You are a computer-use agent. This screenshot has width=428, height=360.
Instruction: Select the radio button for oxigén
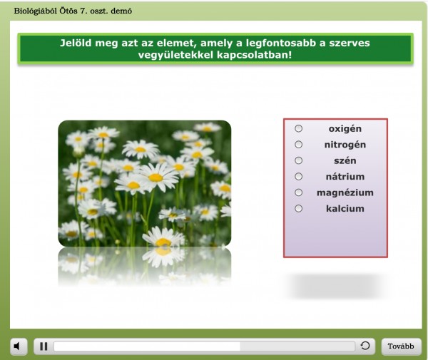click(299, 128)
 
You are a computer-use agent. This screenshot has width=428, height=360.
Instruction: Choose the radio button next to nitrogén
click(299, 145)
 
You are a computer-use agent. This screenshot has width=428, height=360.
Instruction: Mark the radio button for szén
click(299, 160)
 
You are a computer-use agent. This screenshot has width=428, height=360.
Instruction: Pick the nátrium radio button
click(299, 177)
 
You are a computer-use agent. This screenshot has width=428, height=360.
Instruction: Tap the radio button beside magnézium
click(299, 192)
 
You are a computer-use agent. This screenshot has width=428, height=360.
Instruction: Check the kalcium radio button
click(299, 209)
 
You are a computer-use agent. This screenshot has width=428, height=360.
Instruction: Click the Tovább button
click(401, 346)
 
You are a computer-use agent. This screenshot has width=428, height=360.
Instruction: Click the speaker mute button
click(19, 346)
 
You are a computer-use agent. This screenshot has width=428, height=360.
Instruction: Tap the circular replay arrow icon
click(365, 346)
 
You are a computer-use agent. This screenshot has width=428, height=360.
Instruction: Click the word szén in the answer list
click(345, 160)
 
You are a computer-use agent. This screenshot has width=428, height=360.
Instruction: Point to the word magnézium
click(345, 192)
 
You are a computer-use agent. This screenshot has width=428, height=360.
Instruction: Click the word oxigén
click(345, 129)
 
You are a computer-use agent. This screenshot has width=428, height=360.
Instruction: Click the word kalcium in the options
click(345, 209)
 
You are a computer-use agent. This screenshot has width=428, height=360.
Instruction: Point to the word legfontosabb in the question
click(281, 43)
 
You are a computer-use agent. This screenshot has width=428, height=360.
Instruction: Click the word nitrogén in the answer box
click(345, 145)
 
